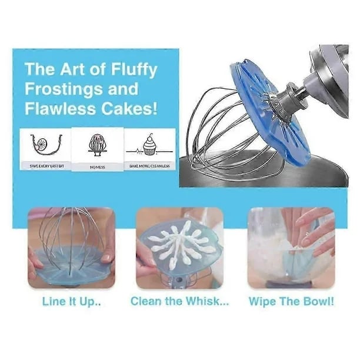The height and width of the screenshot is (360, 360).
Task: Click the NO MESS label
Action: [x=97, y=168]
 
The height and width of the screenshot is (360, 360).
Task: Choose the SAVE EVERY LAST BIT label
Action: [x=46, y=167]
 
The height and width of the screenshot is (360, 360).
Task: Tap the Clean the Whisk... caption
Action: [x=180, y=302]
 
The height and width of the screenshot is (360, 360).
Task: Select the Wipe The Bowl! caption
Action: [x=291, y=302]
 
